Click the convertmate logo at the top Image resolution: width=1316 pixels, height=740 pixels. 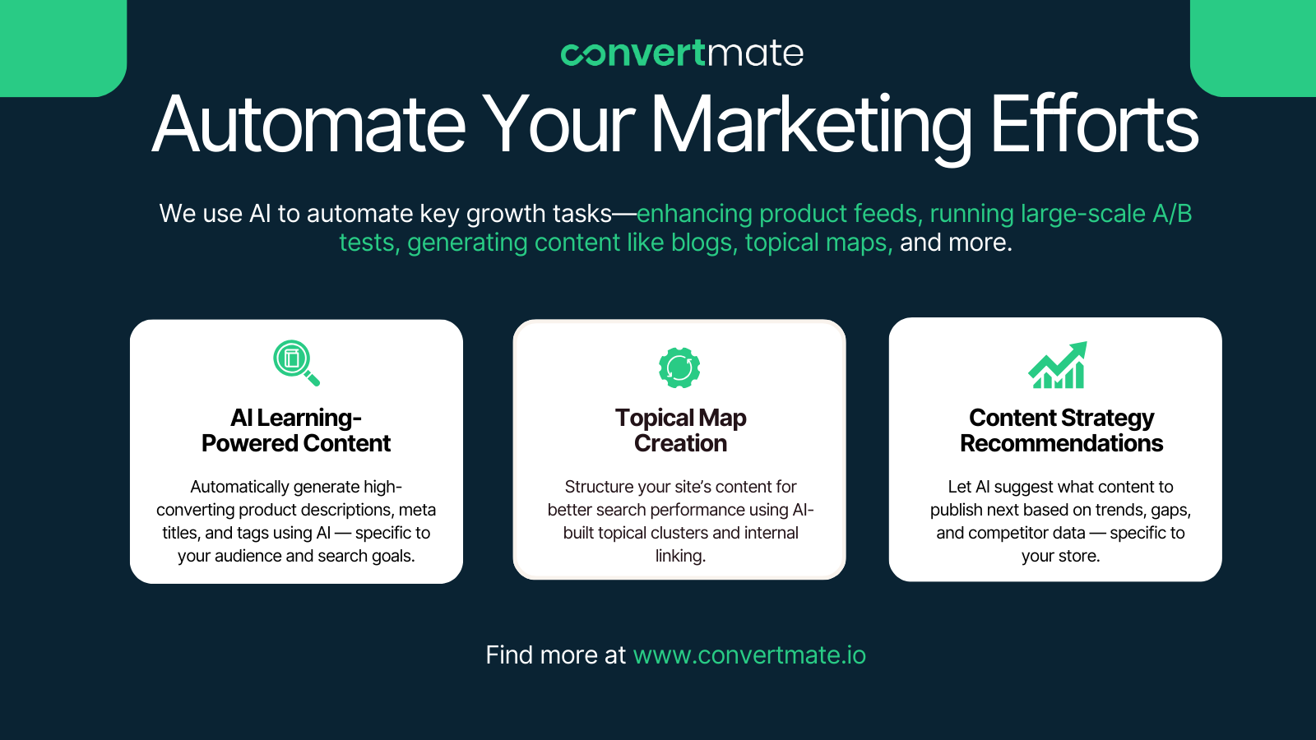tap(682, 53)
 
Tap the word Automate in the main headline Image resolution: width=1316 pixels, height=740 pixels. tap(309, 125)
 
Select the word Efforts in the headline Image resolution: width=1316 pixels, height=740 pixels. tap(1095, 124)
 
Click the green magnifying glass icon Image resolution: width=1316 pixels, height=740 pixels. tap(296, 363)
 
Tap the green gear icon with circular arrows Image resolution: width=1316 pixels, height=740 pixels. tap(679, 368)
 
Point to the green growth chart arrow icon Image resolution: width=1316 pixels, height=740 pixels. tap(1058, 365)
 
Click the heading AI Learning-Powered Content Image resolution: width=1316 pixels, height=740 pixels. tap(296, 431)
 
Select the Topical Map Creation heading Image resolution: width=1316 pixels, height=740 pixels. tap(680, 431)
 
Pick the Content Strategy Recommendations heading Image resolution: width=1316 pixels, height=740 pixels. tap(1061, 431)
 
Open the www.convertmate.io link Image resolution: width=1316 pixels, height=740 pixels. tap(749, 654)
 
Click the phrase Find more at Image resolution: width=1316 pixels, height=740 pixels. tap(556, 654)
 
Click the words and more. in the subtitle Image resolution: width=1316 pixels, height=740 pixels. tap(956, 243)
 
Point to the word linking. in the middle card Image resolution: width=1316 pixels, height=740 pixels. tap(680, 556)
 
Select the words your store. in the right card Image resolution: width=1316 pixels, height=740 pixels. tap(1060, 556)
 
